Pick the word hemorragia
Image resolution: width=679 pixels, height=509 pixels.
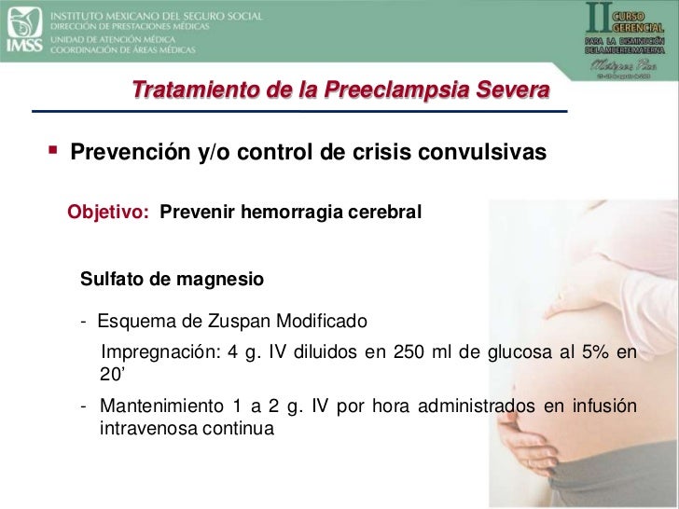point(295,214)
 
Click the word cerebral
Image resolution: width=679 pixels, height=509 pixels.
point(388,214)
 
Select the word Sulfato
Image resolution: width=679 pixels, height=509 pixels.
point(112,280)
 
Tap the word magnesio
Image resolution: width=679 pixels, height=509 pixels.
point(223,280)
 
